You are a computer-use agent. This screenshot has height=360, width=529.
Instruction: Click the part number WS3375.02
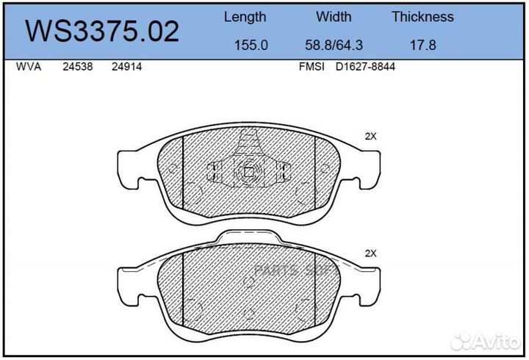tap(102, 32)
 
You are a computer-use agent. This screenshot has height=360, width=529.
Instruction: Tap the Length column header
tap(245, 17)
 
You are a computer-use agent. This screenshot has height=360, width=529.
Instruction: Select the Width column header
tap(334, 17)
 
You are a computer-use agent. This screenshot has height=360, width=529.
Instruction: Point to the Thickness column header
tap(422, 17)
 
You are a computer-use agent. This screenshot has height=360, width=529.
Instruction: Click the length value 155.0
tap(251, 46)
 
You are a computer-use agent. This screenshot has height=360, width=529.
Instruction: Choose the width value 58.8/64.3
tap(334, 46)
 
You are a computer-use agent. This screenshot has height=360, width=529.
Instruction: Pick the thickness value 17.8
tap(422, 46)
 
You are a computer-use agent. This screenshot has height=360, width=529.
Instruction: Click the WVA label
tap(29, 66)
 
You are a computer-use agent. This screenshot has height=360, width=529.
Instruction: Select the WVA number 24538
tap(78, 66)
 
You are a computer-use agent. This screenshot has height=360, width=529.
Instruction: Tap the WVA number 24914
tap(126, 66)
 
